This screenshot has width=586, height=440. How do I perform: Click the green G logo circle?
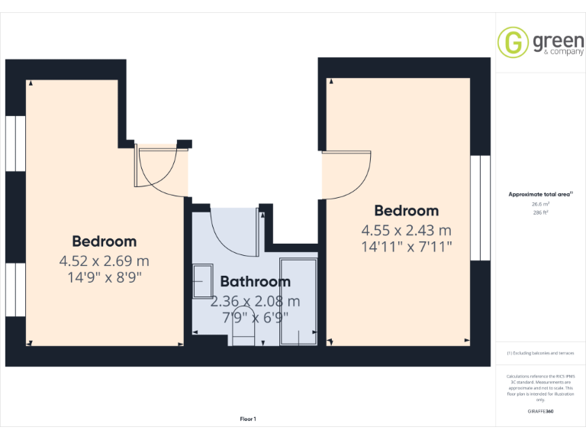pyautogui.click(x=513, y=42)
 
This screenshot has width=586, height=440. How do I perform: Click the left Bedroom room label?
pyautogui.click(x=105, y=242)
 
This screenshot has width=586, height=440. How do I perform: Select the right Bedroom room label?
pyautogui.click(x=406, y=211)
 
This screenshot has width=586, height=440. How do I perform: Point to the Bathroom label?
pyautogui.click(x=256, y=283)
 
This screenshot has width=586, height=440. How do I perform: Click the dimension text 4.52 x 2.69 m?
pyautogui.click(x=105, y=261)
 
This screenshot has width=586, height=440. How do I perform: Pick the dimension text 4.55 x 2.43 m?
pyautogui.click(x=406, y=230)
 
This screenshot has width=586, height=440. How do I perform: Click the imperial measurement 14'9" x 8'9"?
pyautogui.click(x=105, y=277)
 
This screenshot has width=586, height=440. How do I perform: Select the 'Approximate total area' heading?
pyautogui.click(x=540, y=195)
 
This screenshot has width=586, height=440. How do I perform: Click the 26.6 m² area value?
pyautogui.click(x=540, y=204)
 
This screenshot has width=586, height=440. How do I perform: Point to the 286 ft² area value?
pyautogui.click(x=540, y=212)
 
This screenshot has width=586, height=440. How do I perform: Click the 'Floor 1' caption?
pyautogui.click(x=248, y=419)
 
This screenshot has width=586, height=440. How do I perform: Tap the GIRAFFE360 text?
pyautogui.click(x=540, y=412)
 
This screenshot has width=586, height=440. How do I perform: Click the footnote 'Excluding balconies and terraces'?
pyautogui.click(x=540, y=353)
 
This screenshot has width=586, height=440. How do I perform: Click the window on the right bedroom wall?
pyautogui.click(x=480, y=207)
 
